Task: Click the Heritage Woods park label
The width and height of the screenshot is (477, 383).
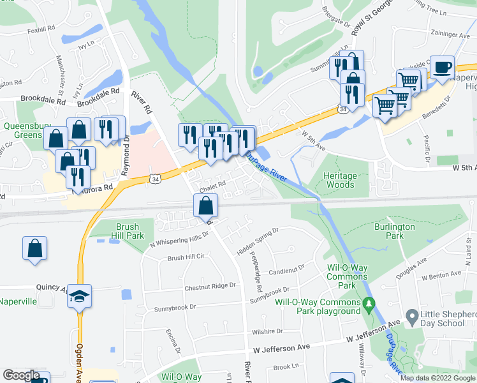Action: pyautogui.click(x=339, y=180)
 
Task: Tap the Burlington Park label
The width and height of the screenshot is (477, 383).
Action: pyautogui.click(x=394, y=231)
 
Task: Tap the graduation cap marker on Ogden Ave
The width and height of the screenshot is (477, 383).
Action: pyautogui.click(x=80, y=296)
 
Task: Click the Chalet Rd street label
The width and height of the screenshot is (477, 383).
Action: pyautogui.click(x=213, y=187)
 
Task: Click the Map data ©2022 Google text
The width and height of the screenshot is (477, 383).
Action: pyautogui.click(x=437, y=378)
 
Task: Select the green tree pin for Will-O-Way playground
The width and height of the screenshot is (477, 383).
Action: pyautogui.click(x=368, y=305)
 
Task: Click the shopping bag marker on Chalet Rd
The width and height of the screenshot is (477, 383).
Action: pyautogui.click(x=206, y=206)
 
